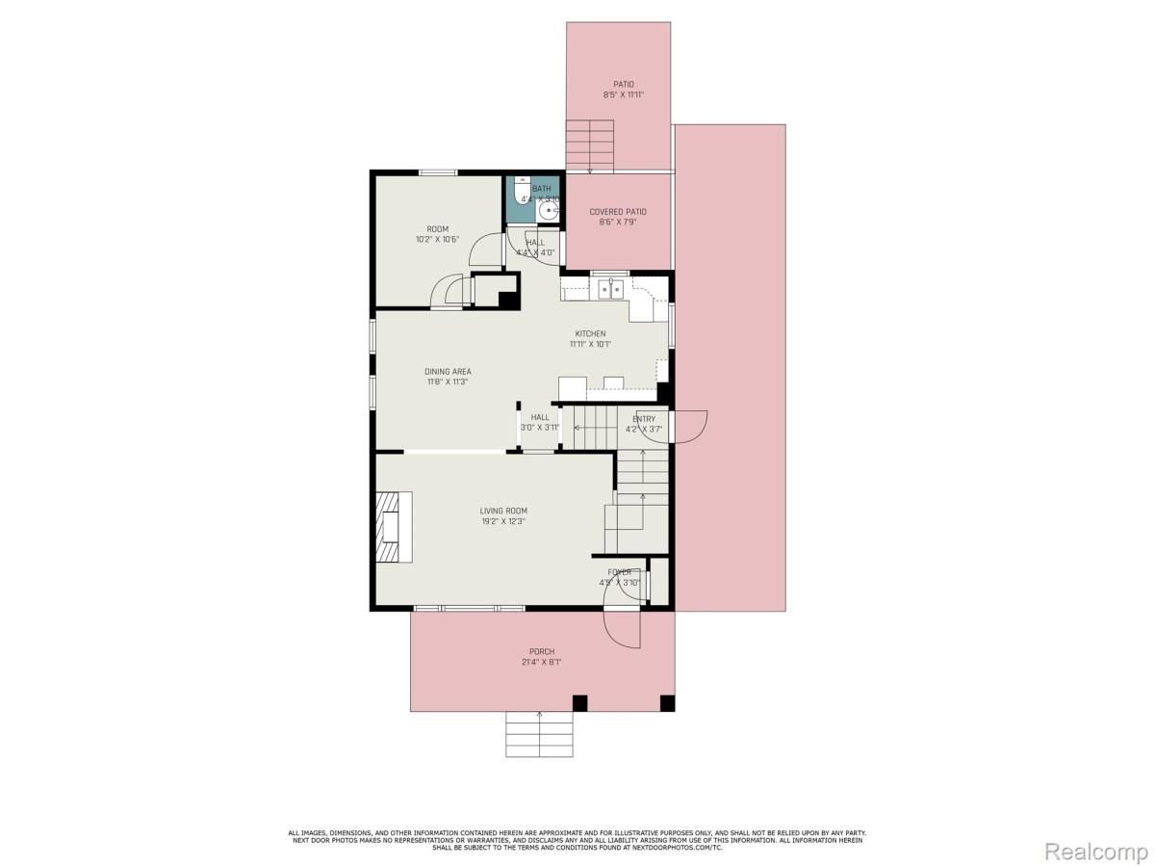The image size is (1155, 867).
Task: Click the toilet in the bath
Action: pos(520,187)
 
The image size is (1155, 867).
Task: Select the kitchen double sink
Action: pos(611,287)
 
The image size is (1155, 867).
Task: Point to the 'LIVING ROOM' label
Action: pos(503,511)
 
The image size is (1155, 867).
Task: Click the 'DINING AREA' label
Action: pos(448,371)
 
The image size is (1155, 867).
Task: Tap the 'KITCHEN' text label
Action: pos(590,333)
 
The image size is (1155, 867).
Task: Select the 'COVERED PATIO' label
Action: pos(618,211)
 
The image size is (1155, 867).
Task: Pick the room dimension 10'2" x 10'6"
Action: pos(438,240)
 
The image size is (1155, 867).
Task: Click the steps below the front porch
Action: pos(539,734)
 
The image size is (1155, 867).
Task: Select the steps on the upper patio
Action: pos(589,145)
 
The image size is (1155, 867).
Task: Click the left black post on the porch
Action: pos(579,702)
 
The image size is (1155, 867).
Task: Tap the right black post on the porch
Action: pos(666,702)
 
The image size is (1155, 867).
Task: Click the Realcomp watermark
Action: pos(1095,852)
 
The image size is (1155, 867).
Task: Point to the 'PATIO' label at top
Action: pos(624,84)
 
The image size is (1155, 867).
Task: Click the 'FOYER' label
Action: pos(619,572)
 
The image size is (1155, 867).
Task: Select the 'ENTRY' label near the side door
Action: pos(644,419)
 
